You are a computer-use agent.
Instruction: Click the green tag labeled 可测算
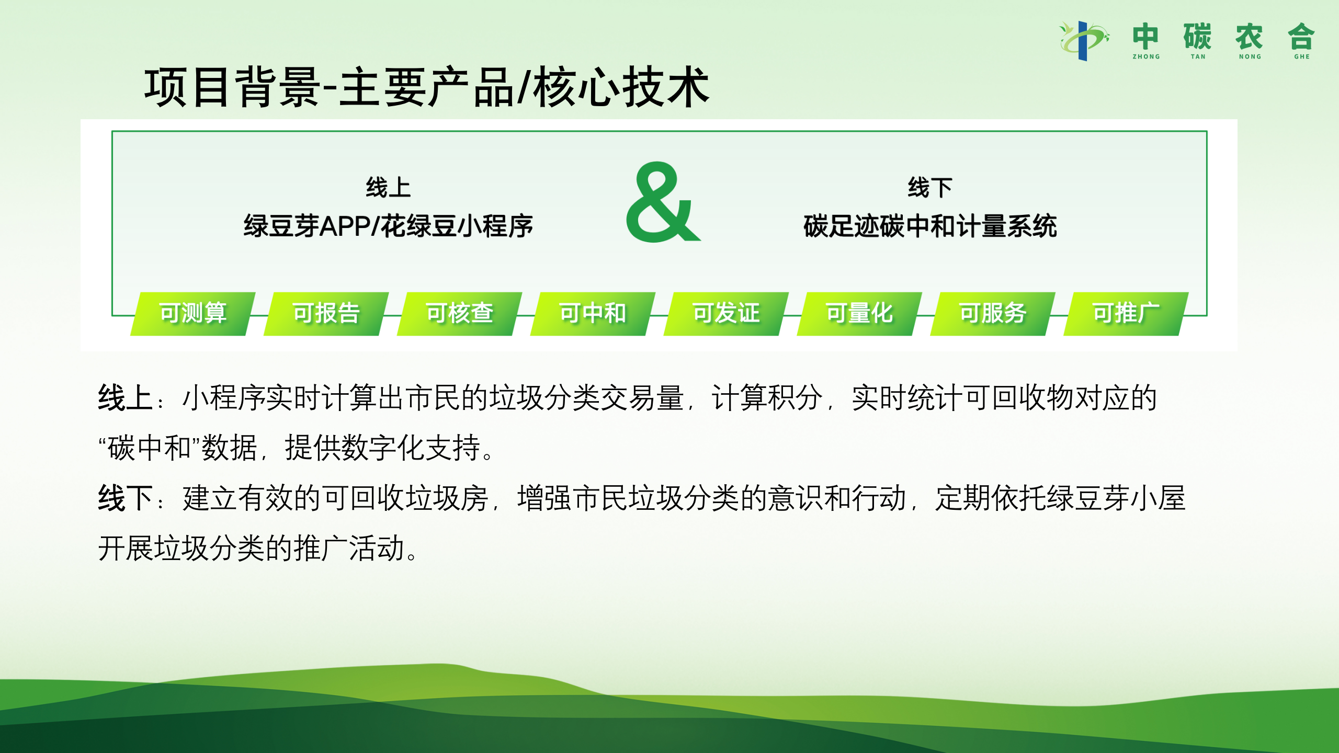(193, 314)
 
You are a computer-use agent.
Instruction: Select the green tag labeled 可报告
(326, 314)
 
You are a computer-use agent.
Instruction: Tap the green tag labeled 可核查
(460, 314)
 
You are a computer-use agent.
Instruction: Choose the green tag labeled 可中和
(593, 314)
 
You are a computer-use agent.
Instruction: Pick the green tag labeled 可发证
(727, 314)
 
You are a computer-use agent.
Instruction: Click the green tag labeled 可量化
(860, 314)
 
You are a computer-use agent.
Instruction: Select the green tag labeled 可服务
(993, 314)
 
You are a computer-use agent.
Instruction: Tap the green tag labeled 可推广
(1127, 314)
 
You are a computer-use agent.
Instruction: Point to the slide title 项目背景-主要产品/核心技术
(427, 87)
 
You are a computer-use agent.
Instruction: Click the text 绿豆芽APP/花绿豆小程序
(388, 226)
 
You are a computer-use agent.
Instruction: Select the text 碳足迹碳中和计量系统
(930, 226)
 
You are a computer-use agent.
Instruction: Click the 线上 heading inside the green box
(388, 187)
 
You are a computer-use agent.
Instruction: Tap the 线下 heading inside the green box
(930, 187)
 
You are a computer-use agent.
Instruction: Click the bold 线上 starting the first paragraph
(125, 397)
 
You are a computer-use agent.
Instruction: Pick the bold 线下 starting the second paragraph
(125, 498)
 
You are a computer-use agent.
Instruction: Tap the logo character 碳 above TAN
(1198, 37)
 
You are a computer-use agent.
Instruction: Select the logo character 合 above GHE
(1301, 37)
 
